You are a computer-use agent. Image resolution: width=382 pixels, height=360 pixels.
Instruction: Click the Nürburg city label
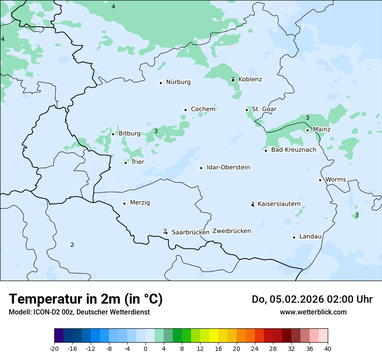[178, 82]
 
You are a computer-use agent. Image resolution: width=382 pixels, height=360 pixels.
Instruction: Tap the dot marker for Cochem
[185, 110]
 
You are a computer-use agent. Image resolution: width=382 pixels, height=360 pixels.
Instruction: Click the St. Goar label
[264, 109]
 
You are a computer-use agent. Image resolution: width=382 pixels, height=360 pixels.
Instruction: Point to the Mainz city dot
[307, 130]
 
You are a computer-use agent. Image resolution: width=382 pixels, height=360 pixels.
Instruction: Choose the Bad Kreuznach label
[293, 150]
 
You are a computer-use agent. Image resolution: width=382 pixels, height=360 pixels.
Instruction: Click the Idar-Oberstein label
[228, 167]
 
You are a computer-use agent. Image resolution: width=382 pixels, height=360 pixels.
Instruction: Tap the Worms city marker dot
[320, 180]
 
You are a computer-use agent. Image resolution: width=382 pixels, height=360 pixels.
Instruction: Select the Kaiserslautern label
[279, 204]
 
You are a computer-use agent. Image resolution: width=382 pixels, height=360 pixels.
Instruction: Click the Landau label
[310, 236]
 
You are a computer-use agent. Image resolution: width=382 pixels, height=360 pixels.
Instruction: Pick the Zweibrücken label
[231, 231]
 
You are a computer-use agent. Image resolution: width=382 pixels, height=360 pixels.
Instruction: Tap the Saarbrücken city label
[190, 232]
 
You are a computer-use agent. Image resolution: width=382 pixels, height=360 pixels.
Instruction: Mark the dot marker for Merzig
[124, 203]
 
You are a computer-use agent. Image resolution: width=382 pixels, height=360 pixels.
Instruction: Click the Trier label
[138, 162]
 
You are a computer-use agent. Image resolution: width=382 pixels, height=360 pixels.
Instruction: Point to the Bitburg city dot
[113, 134]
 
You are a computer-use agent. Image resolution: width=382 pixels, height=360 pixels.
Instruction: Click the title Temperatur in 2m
[86, 299]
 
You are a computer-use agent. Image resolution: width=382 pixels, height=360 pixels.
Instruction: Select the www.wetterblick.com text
[313, 312]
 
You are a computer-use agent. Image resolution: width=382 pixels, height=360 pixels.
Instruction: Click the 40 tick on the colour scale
[328, 348]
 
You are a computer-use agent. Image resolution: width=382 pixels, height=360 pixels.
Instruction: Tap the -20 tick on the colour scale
[54, 348]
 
